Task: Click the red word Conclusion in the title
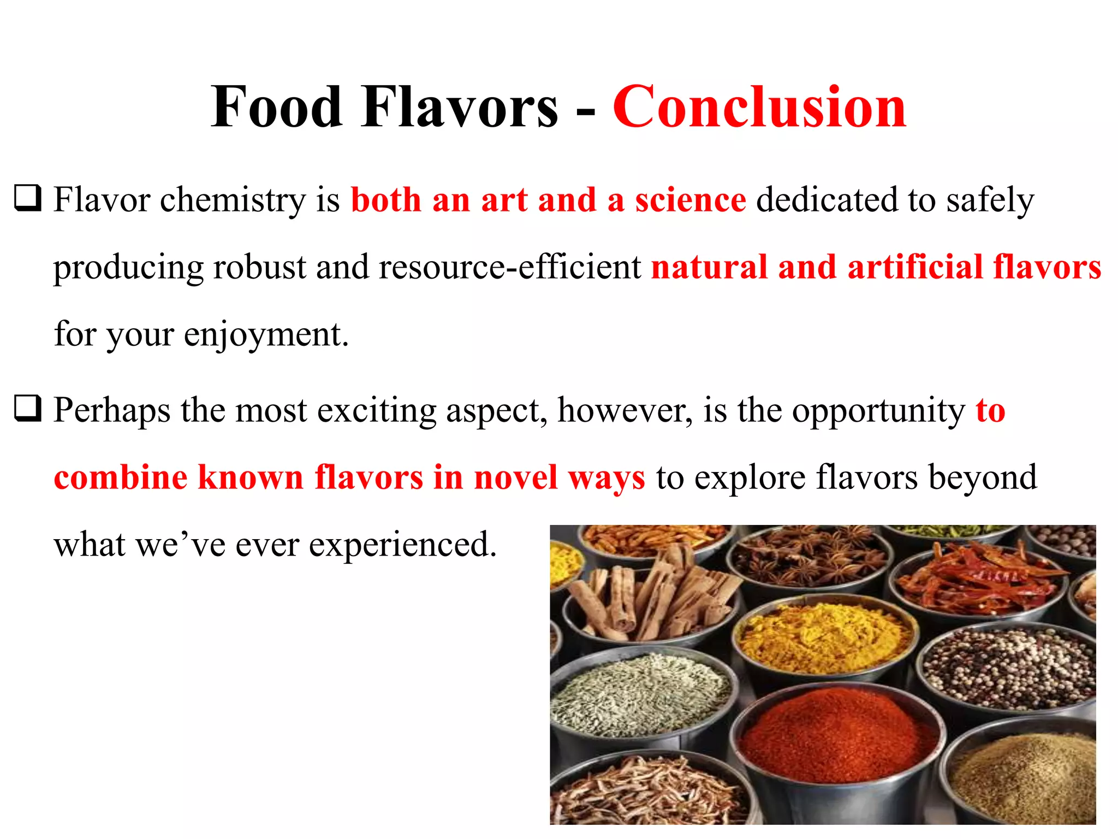(759, 107)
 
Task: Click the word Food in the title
(277, 107)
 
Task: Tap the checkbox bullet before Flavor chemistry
(27, 199)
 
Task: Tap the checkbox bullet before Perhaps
(27, 409)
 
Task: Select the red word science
(690, 200)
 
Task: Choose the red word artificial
(915, 268)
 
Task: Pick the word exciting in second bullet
(377, 411)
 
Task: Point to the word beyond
(983, 478)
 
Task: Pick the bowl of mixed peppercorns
(1010, 669)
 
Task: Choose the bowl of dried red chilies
(977, 579)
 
